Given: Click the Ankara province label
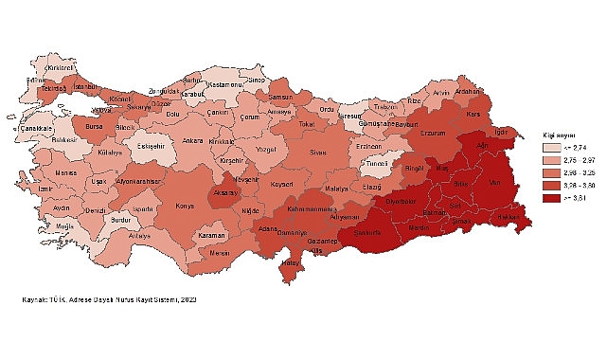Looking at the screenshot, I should point(192,141).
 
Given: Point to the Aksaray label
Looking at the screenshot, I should point(228,191).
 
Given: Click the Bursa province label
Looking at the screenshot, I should point(90,124).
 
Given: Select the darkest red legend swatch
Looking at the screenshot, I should point(551,199).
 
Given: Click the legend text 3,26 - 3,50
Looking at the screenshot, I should point(580,187).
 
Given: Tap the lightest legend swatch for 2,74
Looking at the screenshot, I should point(551,149).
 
